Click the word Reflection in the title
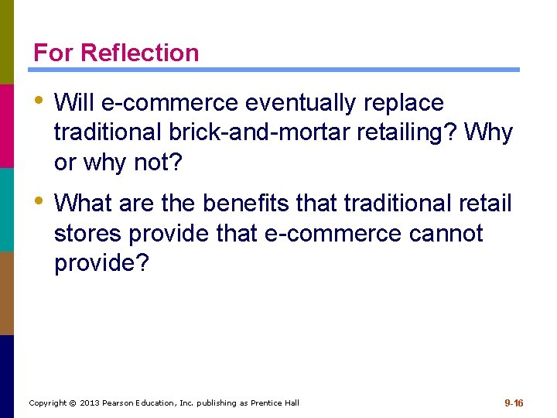pyautogui.click(x=139, y=53)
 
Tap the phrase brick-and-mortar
pyautogui.click(x=256, y=133)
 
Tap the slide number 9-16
pyautogui.click(x=514, y=403)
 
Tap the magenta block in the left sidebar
pyautogui.click(x=7, y=125)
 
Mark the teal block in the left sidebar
pyautogui.click(x=7, y=209)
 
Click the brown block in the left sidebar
pyautogui.click(x=7, y=293)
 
